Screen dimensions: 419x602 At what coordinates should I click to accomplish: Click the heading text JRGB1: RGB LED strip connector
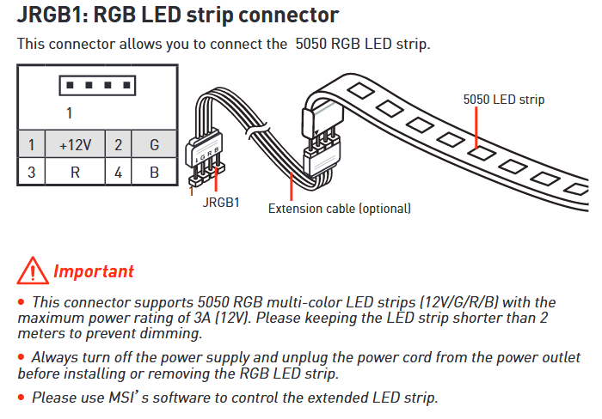pyautogui.click(x=177, y=15)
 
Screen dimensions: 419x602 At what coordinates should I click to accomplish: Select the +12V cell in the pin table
pyautogui.click(x=75, y=145)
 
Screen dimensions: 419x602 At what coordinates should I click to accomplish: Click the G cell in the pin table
pyautogui.click(x=154, y=145)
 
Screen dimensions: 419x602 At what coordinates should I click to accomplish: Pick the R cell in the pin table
pyautogui.click(x=75, y=172)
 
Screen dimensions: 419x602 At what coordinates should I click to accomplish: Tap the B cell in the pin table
pyautogui.click(x=154, y=172)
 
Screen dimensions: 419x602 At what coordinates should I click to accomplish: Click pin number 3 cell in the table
pyautogui.click(x=31, y=172)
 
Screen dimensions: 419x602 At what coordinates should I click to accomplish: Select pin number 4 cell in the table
pyautogui.click(x=119, y=172)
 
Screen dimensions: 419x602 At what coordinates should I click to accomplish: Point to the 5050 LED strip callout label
pyautogui.click(x=503, y=100)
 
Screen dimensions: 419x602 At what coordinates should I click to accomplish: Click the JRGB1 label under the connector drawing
pyautogui.click(x=221, y=203)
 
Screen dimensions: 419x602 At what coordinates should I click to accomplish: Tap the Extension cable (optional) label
pyautogui.click(x=340, y=209)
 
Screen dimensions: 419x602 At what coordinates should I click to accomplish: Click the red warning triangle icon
pyautogui.click(x=33, y=270)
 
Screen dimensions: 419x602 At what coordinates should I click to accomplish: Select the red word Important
pyautogui.click(x=94, y=271)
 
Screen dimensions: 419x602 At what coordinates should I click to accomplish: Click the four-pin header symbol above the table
pyautogui.click(x=96, y=85)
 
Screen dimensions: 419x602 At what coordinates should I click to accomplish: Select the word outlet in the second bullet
pyautogui.click(x=560, y=358)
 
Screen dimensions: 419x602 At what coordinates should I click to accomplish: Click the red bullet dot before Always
pyautogui.click(x=21, y=358)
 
